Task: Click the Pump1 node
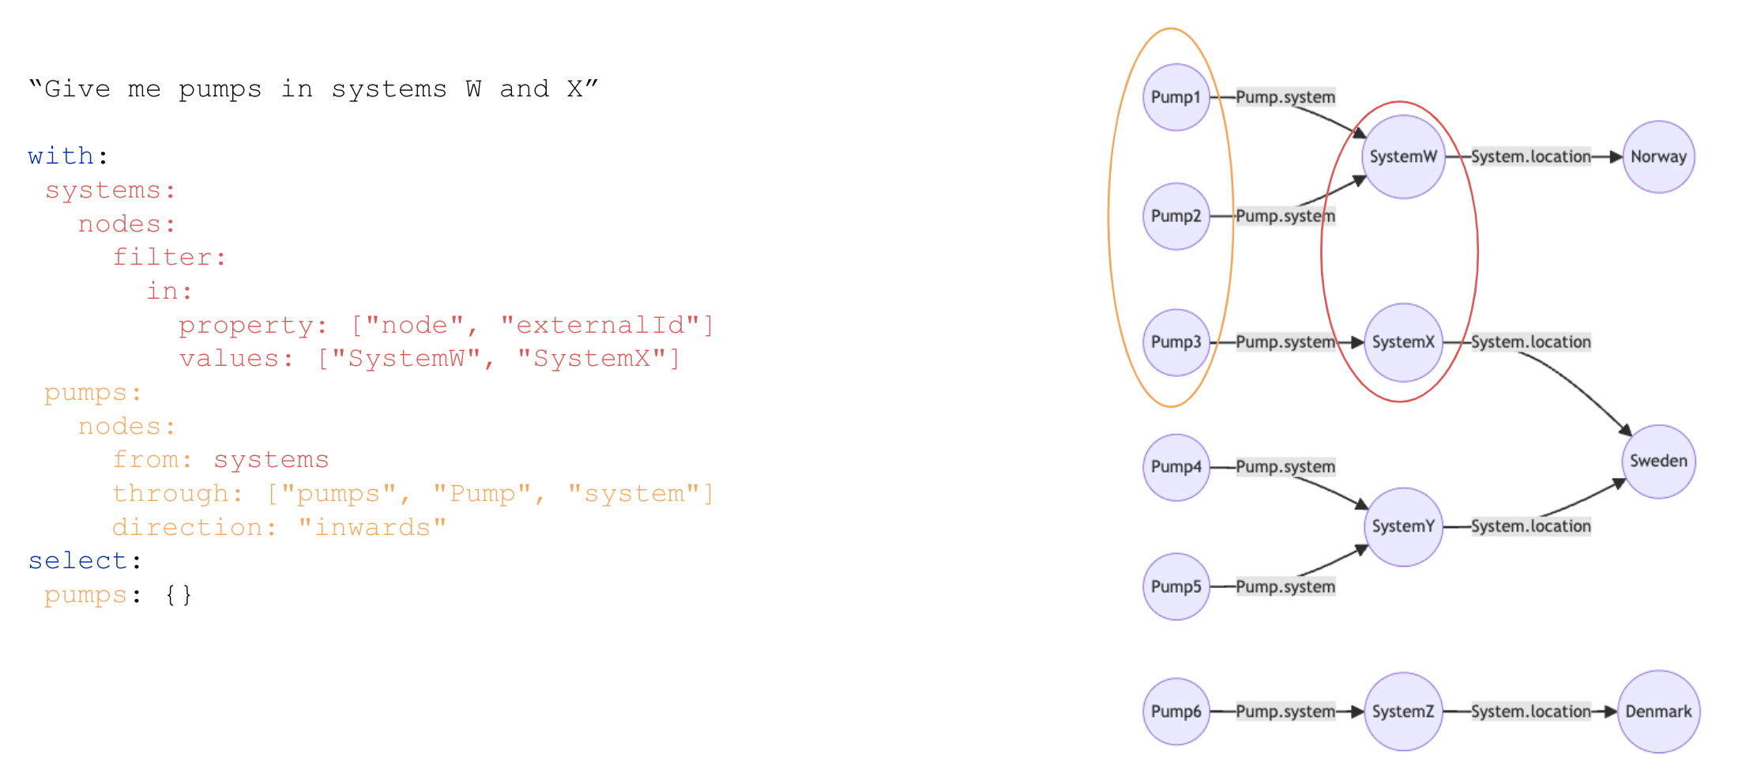tap(1176, 97)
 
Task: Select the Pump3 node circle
tap(1176, 342)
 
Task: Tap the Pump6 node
tap(1176, 711)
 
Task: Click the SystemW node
tap(1403, 156)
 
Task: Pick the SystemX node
tap(1403, 342)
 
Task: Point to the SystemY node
tap(1403, 526)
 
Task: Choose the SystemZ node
tap(1403, 711)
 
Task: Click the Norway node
tap(1658, 156)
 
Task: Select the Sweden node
tap(1658, 462)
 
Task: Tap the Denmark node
tap(1658, 711)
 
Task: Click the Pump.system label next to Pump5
tap(1285, 586)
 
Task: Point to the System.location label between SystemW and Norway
tap(1530, 156)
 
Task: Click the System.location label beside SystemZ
tap(1530, 711)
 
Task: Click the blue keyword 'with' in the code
tap(61, 156)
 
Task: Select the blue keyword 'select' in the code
tap(77, 560)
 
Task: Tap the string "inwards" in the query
tap(372, 527)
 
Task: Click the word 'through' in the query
tap(170, 493)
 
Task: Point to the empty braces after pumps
tap(179, 594)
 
